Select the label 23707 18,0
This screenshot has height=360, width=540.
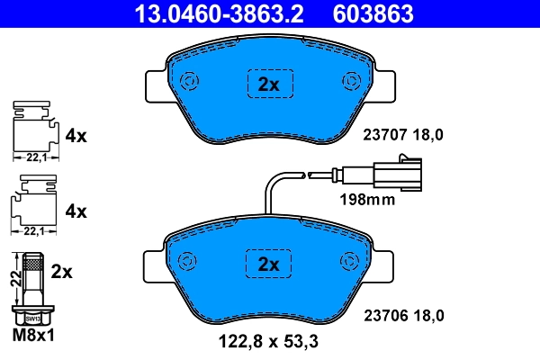tap(404, 135)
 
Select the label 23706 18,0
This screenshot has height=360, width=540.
tap(404, 315)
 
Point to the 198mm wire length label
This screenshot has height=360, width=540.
tap(366, 200)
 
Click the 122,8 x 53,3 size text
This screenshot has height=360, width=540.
tap(269, 343)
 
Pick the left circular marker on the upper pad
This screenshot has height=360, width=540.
tap(190, 82)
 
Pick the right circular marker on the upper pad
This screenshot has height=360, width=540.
tap(349, 82)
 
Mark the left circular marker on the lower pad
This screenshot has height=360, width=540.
tap(188, 261)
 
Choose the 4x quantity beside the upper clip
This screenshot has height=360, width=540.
tap(76, 136)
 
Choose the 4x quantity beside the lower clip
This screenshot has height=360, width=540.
tap(76, 211)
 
